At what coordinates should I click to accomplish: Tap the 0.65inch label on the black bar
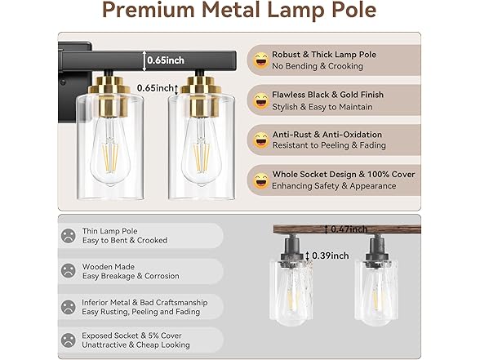click(x=167, y=59)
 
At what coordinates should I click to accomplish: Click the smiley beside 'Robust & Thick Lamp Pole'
click(x=261, y=60)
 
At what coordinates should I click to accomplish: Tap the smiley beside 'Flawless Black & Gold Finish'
click(x=261, y=100)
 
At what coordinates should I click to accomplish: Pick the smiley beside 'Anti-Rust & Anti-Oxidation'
click(x=261, y=140)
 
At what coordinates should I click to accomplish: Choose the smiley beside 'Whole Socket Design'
click(x=261, y=180)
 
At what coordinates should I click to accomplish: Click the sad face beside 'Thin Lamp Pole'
click(x=68, y=236)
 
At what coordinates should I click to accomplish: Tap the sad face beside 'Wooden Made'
click(x=68, y=271)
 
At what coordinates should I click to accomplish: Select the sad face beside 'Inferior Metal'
click(x=68, y=307)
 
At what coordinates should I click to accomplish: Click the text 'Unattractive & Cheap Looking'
click(x=136, y=346)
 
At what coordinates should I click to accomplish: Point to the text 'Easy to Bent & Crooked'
click(x=125, y=241)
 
